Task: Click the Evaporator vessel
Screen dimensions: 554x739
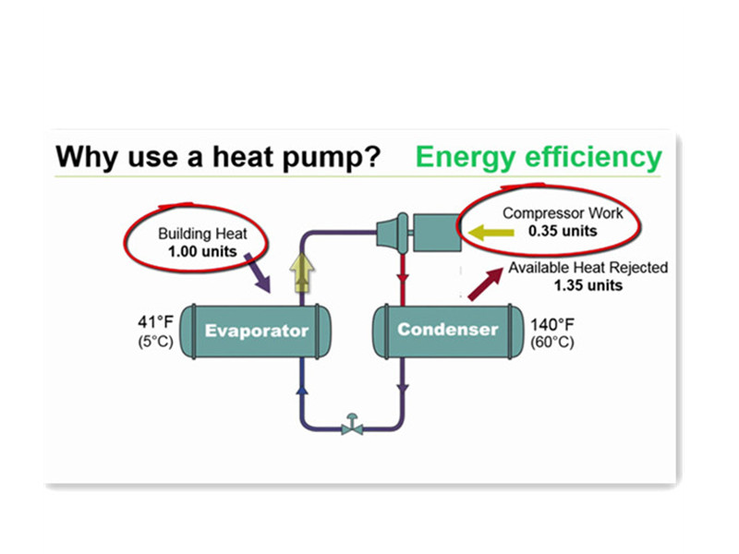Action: [x=257, y=331]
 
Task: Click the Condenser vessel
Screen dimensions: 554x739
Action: [x=448, y=330]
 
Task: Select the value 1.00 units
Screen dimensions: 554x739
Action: [x=201, y=250]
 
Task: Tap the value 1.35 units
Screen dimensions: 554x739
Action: [x=588, y=285]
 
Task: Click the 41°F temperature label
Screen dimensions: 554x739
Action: [x=155, y=322]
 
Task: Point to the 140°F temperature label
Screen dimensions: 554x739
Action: [x=552, y=325]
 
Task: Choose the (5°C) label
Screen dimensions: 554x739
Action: [x=155, y=341]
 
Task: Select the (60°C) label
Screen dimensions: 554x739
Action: [x=552, y=343]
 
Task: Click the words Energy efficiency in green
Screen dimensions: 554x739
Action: [x=539, y=157]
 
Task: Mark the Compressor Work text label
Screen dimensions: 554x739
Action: [x=563, y=213]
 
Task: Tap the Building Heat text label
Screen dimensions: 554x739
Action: [x=202, y=234]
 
